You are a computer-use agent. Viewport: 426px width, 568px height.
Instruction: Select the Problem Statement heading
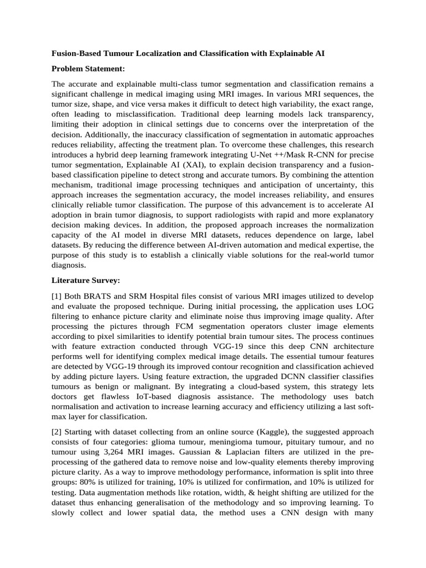88,69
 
